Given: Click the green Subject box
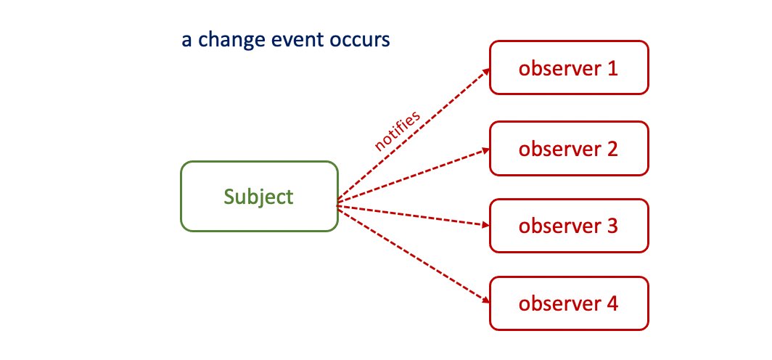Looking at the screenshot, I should point(259,196).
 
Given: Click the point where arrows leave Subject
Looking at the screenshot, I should point(339,205).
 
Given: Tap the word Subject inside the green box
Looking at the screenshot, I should point(259,197).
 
